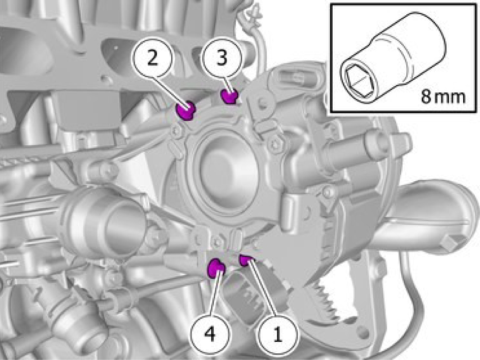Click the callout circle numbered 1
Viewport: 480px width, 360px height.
pos(278,335)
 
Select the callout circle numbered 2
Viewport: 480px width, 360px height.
pos(152,58)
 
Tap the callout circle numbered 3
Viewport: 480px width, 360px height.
pos(222,57)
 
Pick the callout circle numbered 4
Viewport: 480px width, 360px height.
pos(210,334)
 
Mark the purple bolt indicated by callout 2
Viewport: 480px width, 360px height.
pos(186,110)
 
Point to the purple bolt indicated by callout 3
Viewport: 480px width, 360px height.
pos(230,96)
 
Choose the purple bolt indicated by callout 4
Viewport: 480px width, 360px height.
pos(216,268)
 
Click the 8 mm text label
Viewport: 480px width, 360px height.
pos(443,96)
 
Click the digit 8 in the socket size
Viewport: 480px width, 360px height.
pos(426,96)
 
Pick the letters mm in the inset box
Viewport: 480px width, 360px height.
pos(450,98)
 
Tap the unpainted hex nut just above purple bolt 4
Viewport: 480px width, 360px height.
pos(217,242)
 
